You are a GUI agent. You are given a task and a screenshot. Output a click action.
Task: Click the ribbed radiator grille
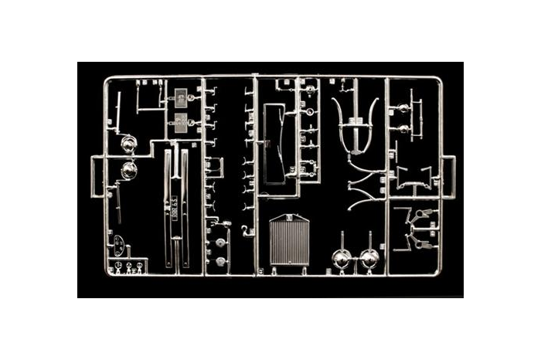[x=289, y=242]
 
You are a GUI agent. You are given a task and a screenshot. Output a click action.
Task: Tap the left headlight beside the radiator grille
[x=341, y=259]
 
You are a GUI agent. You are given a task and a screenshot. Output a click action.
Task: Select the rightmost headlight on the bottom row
[x=370, y=259]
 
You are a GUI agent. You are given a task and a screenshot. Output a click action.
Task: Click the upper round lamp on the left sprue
[x=128, y=144]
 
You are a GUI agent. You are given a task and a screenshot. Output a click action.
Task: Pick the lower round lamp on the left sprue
[x=128, y=169]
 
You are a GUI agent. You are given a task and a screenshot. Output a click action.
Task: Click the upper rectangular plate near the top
[x=180, y=99]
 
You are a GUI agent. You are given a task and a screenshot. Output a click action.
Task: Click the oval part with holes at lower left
[x=118, y=246]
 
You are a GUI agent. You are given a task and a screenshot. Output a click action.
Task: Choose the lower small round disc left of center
[x=221, y=263]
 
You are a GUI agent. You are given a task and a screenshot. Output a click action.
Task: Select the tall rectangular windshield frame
[x=275, y=148]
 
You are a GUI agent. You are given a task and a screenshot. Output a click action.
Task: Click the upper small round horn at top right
[x=403, y=108]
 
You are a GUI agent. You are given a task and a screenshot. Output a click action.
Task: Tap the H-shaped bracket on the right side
[x=411, y=178]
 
